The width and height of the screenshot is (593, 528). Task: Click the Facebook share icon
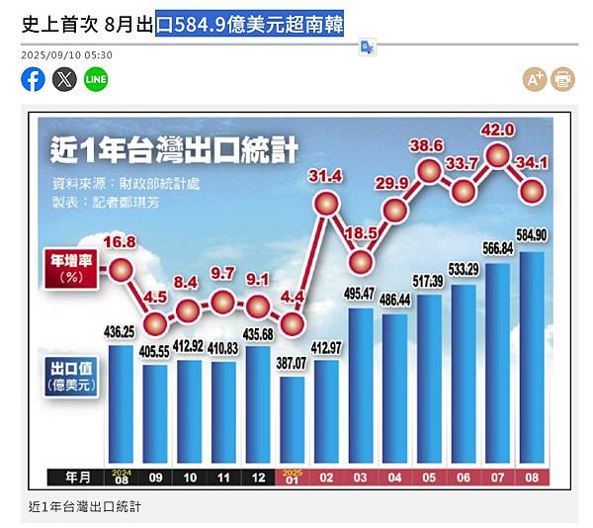point(33,79)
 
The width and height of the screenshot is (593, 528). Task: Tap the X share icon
point(64,79)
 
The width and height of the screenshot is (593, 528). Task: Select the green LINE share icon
point(96,79)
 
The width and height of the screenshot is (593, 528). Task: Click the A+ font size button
point(535,79)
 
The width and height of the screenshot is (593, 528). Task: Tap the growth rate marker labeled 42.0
point(497,155)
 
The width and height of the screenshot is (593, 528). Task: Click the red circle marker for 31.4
point(327,204)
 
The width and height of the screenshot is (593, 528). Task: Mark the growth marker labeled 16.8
point(121,269)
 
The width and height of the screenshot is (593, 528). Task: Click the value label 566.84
point(498,248)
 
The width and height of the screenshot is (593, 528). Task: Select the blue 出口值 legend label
point(71,373)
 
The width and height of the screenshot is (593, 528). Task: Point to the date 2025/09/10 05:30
point(66,54)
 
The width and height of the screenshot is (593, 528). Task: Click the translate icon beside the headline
point(367,46)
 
